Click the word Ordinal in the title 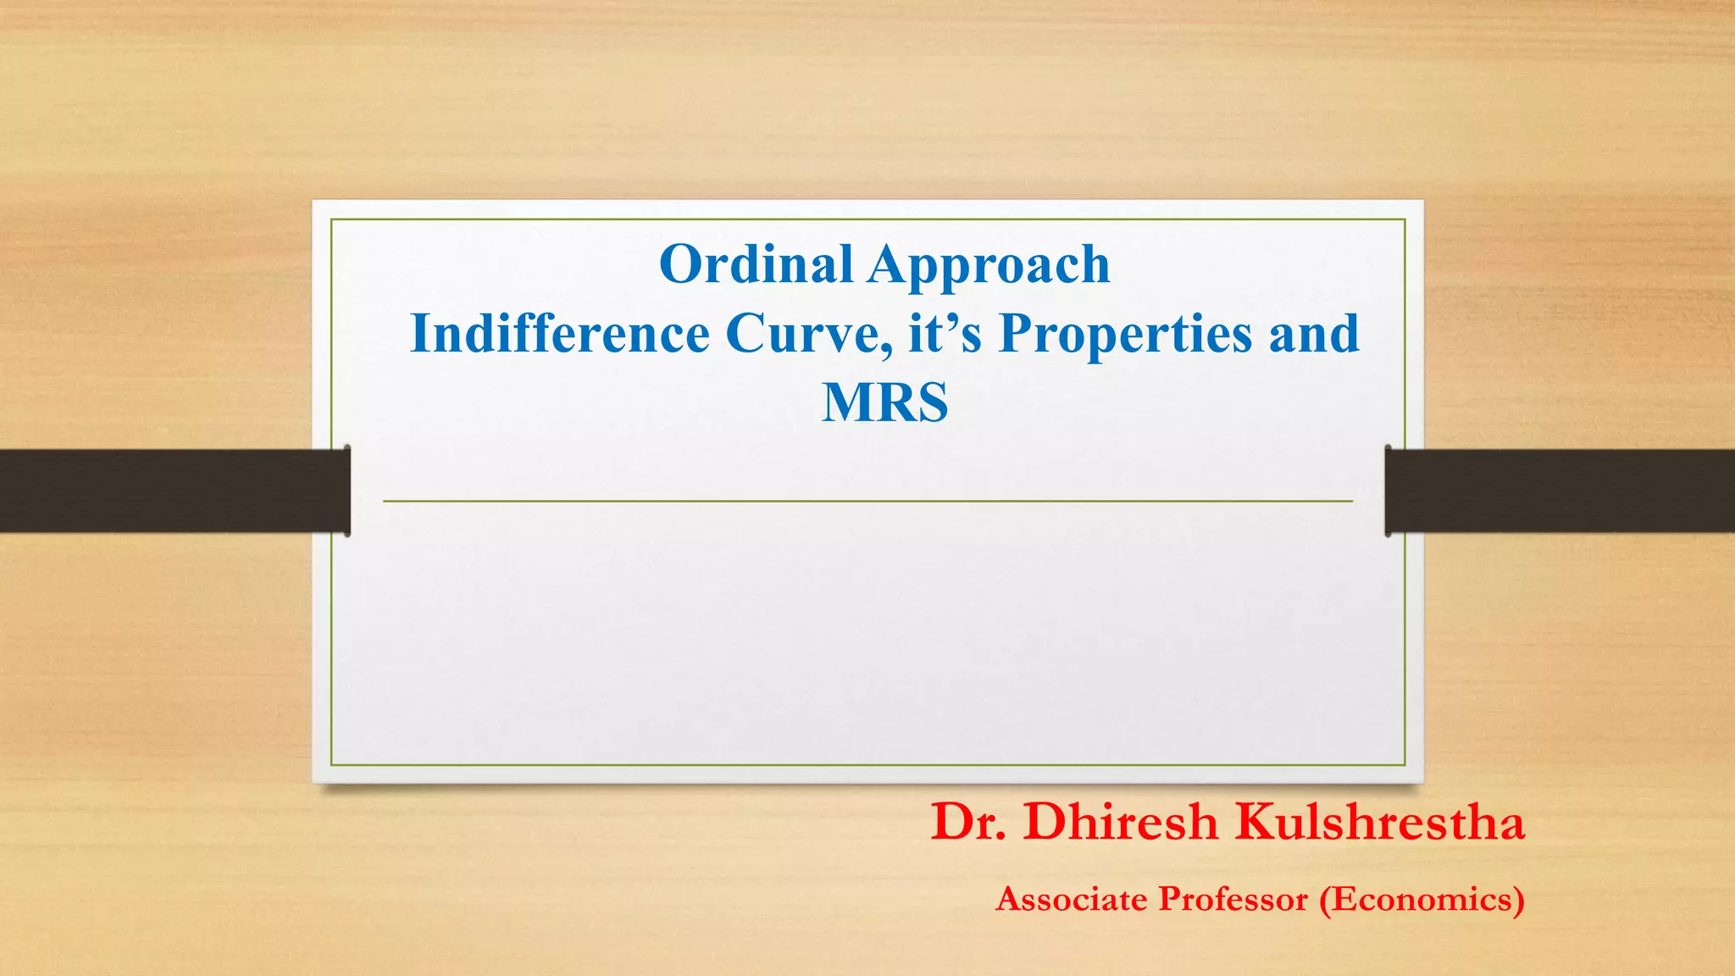point(755,264)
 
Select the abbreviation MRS point(884,402)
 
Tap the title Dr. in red point(968,822)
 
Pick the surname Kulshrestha point(1379,822)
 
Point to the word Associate point(1068,899)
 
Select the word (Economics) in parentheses point(1422,900)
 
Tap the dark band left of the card point(169,491)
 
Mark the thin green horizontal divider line point(867,502)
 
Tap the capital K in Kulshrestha point(1255,822)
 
